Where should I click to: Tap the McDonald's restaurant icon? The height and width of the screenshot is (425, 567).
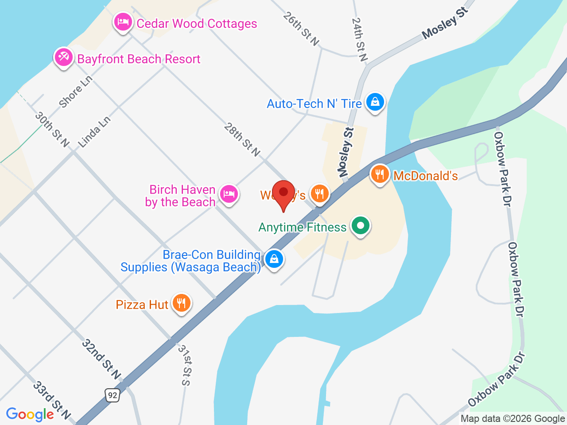coord(380,175)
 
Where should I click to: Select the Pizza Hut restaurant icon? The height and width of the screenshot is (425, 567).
coord(181,304)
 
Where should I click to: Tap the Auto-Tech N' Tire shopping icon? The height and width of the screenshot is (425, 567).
coord(375,103)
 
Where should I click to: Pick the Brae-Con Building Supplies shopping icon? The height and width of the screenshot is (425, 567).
coord(274,259)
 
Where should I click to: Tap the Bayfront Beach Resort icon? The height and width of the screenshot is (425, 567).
coord(63,58)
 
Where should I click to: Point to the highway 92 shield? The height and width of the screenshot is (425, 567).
coord(113,395)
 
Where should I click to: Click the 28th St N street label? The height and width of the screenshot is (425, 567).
coord(242,140)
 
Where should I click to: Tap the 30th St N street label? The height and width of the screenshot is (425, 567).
coord(52,129)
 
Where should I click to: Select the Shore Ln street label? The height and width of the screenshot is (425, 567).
coord(76,92)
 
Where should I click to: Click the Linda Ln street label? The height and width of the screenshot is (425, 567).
coord(94,132)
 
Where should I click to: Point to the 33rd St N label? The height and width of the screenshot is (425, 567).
coord(51,400)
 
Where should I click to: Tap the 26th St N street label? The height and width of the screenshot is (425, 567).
coord(301,29)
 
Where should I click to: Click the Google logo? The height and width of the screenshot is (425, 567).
coord(30,414)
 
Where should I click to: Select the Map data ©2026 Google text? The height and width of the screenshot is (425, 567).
coord(513,418)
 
